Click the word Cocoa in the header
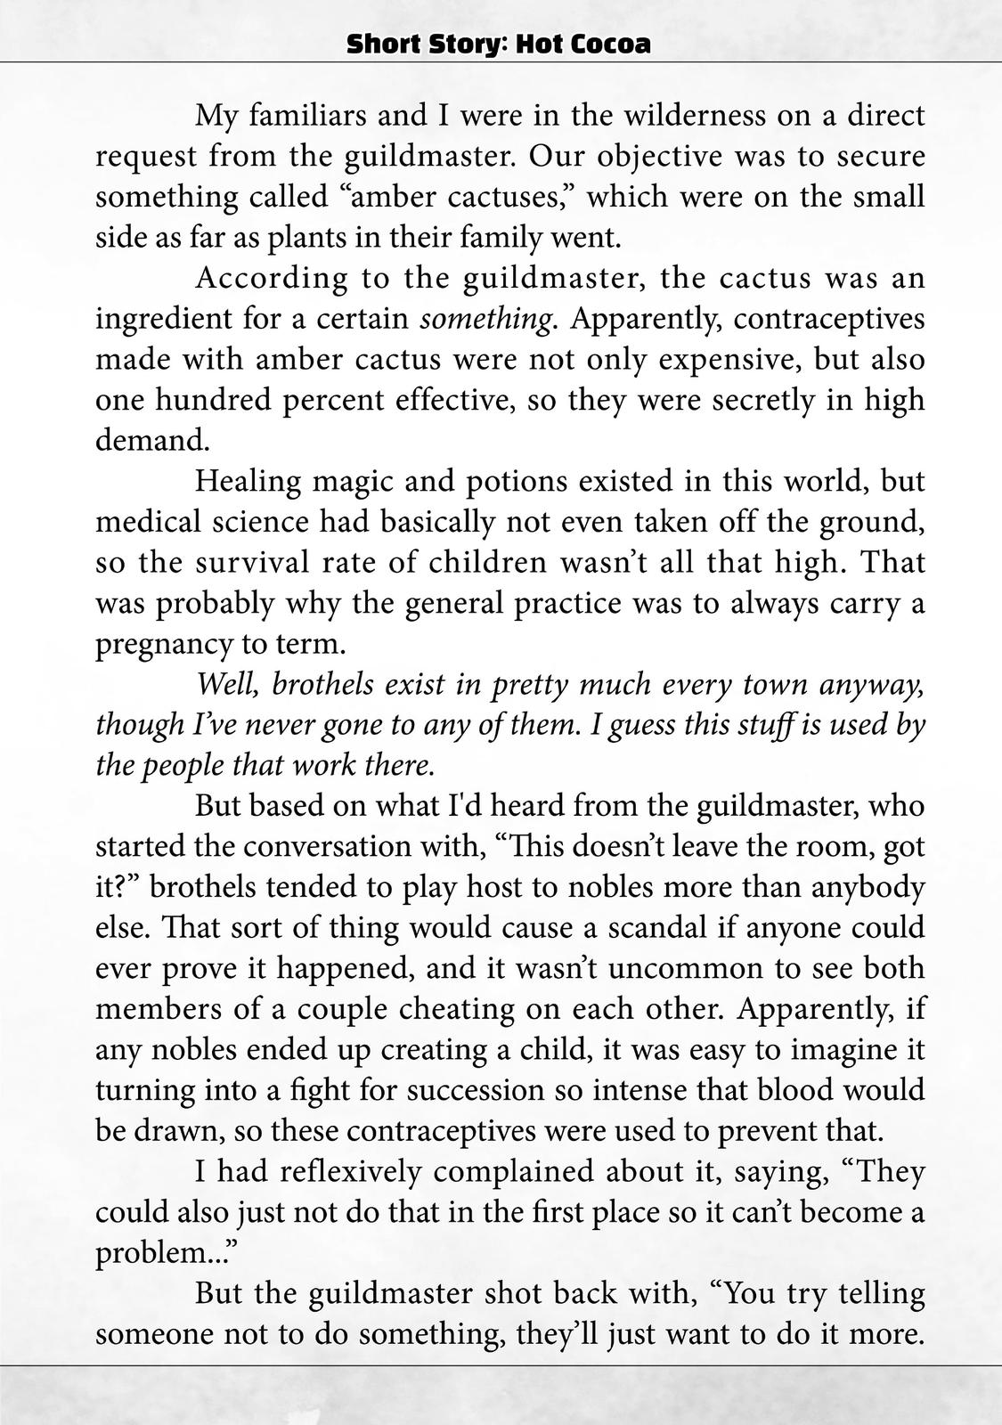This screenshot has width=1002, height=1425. (x=614, y=45)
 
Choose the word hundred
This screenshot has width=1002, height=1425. (x=213, y=400)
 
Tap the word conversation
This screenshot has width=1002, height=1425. (x=354, y=847)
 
